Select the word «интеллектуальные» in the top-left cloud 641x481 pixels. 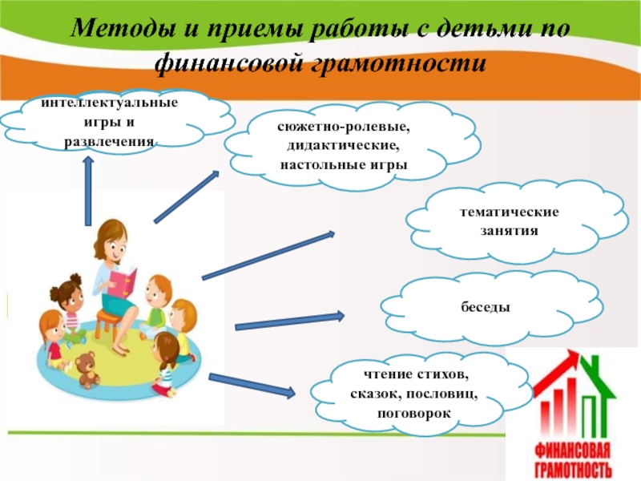[x=110, y=103]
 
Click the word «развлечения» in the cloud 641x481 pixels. [x=110, y=142]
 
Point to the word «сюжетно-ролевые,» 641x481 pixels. [x=344, y=127]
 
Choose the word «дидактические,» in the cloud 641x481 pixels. [x=344, y=146]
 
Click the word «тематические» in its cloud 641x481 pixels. [x=509, y=212]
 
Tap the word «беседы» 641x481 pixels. [x=486, y=306]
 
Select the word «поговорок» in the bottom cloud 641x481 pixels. [x=414, y=413]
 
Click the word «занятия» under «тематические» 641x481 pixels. [x=509, y=231]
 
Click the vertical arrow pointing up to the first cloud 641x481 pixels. [x=88, y=191]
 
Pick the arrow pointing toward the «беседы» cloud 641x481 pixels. [x=290, y=321]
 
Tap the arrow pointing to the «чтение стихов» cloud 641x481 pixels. [x=252, y=386]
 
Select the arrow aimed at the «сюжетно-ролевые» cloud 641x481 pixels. [x=187, y=197]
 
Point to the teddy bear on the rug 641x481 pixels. [x=87, y=370]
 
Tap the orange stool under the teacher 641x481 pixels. [x=107, y=323]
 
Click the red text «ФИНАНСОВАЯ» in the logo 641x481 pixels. [x=572, y=451]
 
